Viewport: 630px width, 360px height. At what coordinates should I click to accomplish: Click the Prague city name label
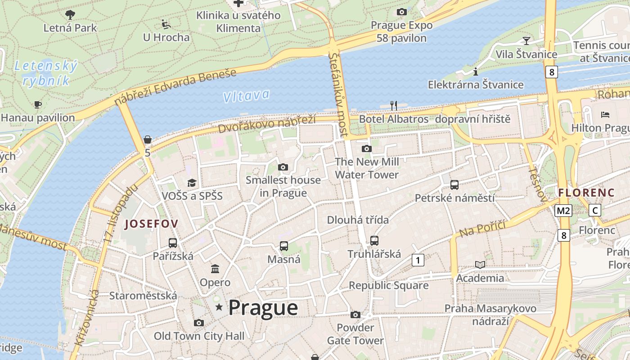pyautogui.click(x=263, y=308)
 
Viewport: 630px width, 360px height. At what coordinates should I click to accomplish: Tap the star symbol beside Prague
pyautogui.click(x=219, y=307)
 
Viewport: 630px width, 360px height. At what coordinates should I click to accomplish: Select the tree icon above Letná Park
pyautogui.click(x=70, y=15)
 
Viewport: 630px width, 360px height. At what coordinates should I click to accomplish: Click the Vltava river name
pyautogui.click(x=246, y=95)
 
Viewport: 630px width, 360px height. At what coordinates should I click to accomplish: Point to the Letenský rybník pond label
pyautogui.click(x=46, y=73)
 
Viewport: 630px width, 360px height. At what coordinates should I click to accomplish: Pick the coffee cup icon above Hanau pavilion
pyautogui.click(x=38, y=105)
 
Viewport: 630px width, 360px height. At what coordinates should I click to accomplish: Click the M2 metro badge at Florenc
pyautogui.click(x=563, y=210)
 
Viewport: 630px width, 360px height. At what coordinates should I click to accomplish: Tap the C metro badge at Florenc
pyautogui.click(x=595, y=210)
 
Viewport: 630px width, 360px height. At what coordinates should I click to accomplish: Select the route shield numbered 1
pyautogui.click(x=418, y=260)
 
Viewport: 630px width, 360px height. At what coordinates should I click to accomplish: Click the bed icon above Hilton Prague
pyautogui.click(x=605, y=115)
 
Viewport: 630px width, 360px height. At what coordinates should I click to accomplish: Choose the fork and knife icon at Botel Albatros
pyautogui.click(x=394, y=106)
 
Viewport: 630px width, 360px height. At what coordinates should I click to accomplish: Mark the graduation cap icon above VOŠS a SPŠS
pyautogui.click(x=192, y=183)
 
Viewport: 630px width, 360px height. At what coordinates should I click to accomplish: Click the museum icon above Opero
pyautogui.click(x=215, y=269)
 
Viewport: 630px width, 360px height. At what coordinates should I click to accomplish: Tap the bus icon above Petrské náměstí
pyautogui.click(x=454, y=184)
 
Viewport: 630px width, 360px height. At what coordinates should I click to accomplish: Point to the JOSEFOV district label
pyautogui.click(x=152, y=224)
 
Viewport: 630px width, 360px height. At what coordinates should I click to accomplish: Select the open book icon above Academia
pyautogui.click(x=480, y=265)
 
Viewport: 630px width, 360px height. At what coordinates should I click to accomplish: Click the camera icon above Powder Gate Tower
pyautogui.click(x=355, y=315)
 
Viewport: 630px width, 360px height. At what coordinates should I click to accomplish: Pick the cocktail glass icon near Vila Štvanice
pyautogui.click(x=526, y=41)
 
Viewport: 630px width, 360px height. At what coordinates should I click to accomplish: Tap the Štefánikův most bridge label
pyautogui.click(x=338, y=94)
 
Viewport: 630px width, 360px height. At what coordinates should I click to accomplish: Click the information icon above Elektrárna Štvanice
pyautogui.click(x=476, y=72)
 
